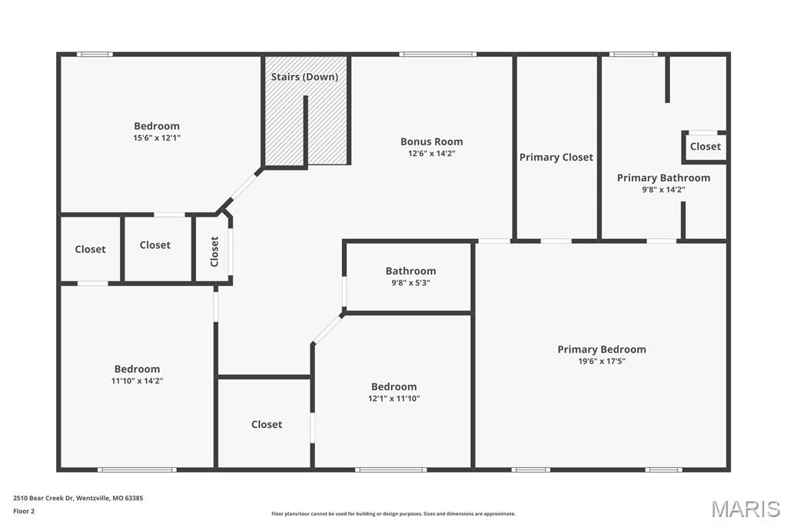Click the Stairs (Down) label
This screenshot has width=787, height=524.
click(x=304, y=77)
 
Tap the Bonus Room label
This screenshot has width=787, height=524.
click(x=432, y=141)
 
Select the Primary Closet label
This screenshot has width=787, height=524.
click(x=556, y=158)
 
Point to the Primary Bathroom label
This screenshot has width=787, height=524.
click(x=663, y=177)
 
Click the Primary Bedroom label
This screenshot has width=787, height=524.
click(x=602, y=350)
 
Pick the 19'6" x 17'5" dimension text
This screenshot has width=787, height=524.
click(x=602, y=361)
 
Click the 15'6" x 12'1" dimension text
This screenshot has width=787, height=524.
click(x=157, y=138)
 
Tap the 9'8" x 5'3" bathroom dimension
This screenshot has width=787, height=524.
click(x=410, y=283)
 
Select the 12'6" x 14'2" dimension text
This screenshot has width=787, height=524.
click(x=432, y=154)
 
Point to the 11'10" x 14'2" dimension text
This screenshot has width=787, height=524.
click(x=137, y=381)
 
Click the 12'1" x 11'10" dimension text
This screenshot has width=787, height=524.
click(x=394, y=399)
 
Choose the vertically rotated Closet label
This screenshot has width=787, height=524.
click(x=214, y=251)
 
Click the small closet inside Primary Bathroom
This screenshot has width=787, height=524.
click(x=706, y=147)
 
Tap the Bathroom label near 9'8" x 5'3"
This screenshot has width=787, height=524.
click(x=410, y=271)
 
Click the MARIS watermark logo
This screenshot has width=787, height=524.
click(x=745, y=509)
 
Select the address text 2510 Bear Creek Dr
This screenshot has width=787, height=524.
click(x=43, y=499)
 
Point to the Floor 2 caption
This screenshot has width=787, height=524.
click(x=24, y=512)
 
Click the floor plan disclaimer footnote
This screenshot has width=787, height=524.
click(x=393, y=514)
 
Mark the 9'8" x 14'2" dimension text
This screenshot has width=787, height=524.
click(x=663, y=190)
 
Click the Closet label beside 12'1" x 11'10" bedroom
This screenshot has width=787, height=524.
click(x=267, y=425)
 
